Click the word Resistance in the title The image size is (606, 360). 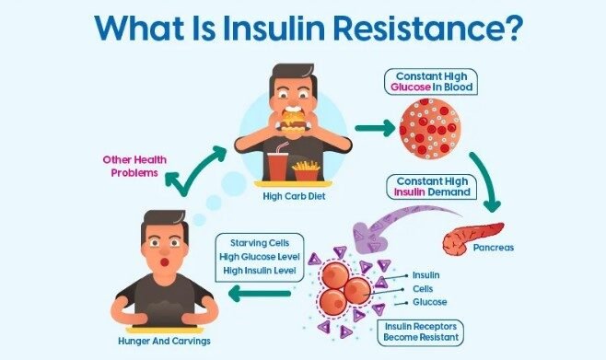pos(425,27)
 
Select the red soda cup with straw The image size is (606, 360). pos(278,162)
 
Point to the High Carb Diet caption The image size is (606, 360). pos(294,196)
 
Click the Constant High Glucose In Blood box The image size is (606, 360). pos(431,82)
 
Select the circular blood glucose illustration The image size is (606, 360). pos(430,129)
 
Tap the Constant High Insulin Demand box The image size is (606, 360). pos(432,187)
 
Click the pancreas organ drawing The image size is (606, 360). pos(472,238)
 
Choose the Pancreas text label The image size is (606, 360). pos(494,248)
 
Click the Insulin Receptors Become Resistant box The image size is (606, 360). pos(421,332)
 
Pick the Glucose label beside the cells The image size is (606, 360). pos(430,302)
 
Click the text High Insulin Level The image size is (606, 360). pos(260,271)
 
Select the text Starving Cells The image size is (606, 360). pos(260,243)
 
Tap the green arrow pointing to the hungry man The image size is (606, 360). pos(260,294)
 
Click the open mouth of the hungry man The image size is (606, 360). pos(165,262)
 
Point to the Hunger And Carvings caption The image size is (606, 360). pos(164,341)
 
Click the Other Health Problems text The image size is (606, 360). pos(134,166)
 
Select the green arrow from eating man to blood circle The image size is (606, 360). pos(375,128)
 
